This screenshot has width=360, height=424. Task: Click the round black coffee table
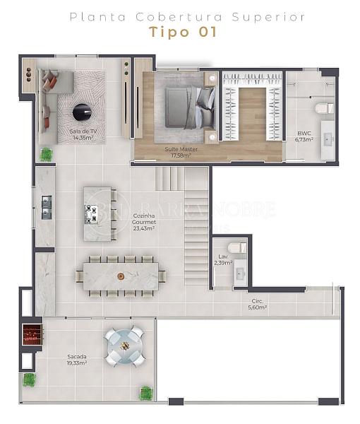click(83, 112)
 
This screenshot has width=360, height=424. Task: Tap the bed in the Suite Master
click(191, 107)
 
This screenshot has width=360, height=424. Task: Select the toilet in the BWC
click(324, 108)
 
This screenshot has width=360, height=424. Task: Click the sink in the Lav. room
click(240, 273)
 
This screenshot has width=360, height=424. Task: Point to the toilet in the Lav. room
click(237, 247)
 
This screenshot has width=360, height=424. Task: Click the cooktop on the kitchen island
click(91, 214)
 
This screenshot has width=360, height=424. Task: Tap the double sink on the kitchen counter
click(47, 207)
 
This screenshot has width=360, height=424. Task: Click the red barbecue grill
click(32, 334)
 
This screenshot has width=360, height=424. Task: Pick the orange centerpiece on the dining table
click(121, 276)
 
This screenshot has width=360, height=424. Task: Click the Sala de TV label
click(83, 131)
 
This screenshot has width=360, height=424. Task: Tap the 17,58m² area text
click(181, 155)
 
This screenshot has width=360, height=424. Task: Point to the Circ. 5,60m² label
click(258, 304)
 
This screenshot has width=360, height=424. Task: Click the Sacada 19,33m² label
click(77, 360)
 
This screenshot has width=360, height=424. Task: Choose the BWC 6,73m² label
click(304, 136)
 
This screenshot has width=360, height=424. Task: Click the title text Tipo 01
click(183, 32)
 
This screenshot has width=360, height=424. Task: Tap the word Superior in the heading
click(268, 17)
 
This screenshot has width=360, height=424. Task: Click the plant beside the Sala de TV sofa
click(47, 155)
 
